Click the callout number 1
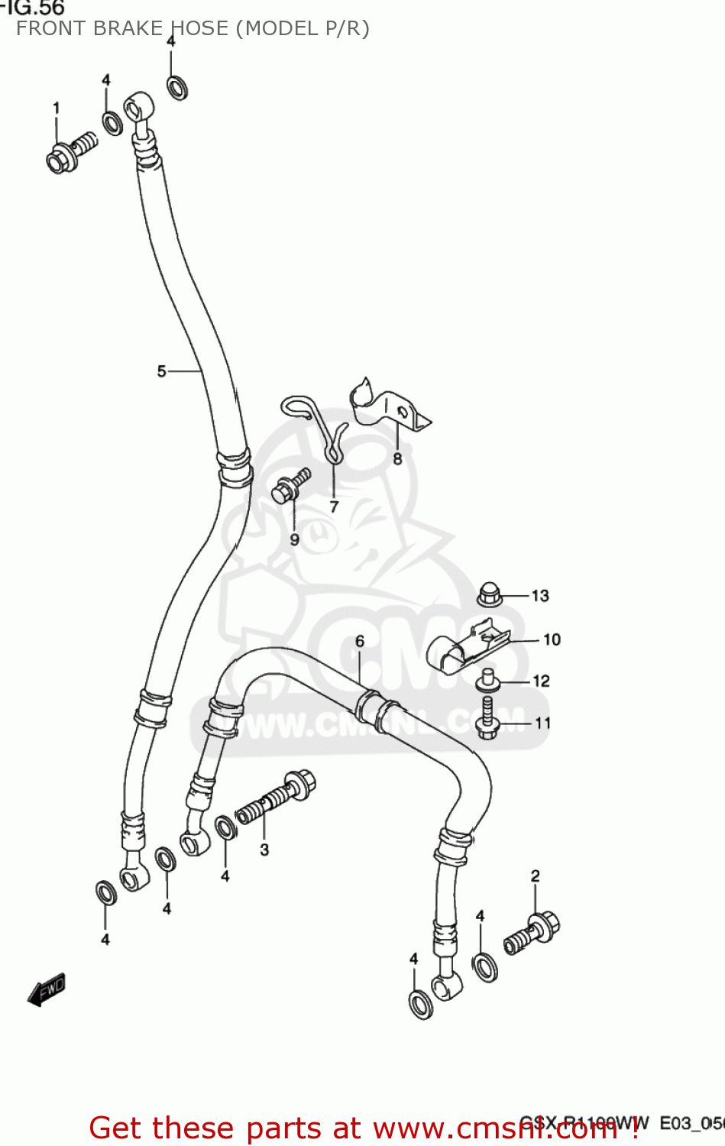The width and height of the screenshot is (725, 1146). click(56, 108)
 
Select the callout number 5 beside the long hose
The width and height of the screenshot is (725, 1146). click(161, 371)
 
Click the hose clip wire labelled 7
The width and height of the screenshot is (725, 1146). click(321, 428)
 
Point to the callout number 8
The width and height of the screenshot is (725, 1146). click(397, 459)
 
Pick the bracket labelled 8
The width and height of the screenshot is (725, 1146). click(386, 408)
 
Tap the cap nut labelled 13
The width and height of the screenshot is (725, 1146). click(490, 594)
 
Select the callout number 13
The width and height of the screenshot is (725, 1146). click(540, 596)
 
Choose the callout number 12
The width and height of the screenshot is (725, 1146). click(541, 681)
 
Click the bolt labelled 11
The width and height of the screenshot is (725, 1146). click(487, 718)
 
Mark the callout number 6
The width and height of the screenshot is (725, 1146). click(360, 641)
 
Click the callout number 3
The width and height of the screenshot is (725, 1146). click(264, 850)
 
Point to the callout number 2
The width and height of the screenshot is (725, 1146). click(536, 876)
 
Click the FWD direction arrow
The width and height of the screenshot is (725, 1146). click(47, 989)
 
